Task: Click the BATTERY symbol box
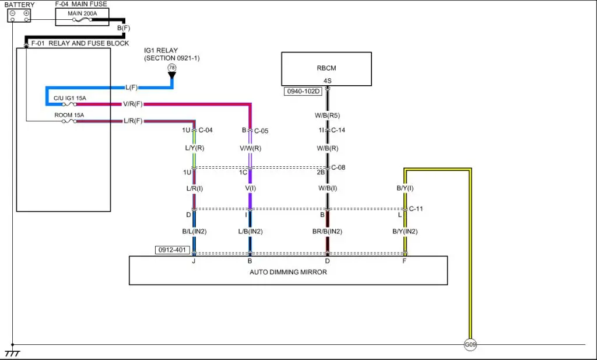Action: click(19, 16)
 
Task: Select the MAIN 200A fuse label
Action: click(82, 13)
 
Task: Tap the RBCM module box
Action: click(326, 69)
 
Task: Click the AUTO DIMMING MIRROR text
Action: click(288, 272)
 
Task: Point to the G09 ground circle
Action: click(470, 345)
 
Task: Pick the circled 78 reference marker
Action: click(171, 68)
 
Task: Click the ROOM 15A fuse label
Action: click(69, 115)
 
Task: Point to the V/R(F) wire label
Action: click(132, 104)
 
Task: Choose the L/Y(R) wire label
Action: click(194, 149)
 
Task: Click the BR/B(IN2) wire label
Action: click(327, 232)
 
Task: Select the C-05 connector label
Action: click(261, 131)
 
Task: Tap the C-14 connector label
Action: click(338, 130)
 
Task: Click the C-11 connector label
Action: click(416, 208)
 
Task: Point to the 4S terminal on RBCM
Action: click(327, 81)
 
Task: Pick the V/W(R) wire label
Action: click(250, 149)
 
